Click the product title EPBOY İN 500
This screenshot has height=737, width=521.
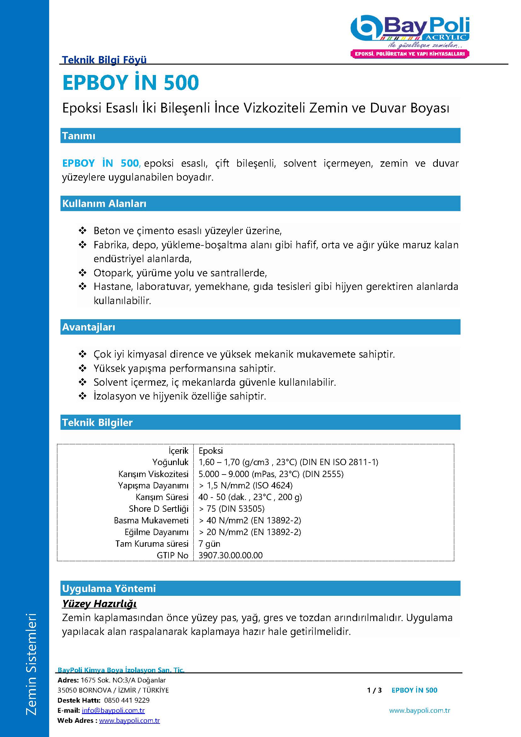pos(131,83)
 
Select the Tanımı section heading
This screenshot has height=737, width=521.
pos(79,136)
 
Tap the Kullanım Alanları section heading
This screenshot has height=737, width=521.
pos(104,204)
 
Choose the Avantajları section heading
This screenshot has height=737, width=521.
pos(89,327)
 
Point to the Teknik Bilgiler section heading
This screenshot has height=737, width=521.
pos(97,423)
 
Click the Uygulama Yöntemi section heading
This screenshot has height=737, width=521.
pos(109,588)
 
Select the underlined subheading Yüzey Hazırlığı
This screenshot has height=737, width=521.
pos(100,604)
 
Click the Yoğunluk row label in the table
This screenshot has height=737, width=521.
pos(170,462)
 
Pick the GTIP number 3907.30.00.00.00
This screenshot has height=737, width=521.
pos(230,555)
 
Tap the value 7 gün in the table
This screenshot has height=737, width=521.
pos(209,544)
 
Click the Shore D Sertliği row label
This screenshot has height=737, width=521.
pos(158,509)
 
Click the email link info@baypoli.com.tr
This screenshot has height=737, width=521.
pos(113,711)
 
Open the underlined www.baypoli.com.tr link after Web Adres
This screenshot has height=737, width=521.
pos(129,721)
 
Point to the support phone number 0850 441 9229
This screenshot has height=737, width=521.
pos(127,700)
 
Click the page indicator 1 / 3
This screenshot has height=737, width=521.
pos(375,690)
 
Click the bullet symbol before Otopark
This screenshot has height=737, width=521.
pos(83,273)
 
